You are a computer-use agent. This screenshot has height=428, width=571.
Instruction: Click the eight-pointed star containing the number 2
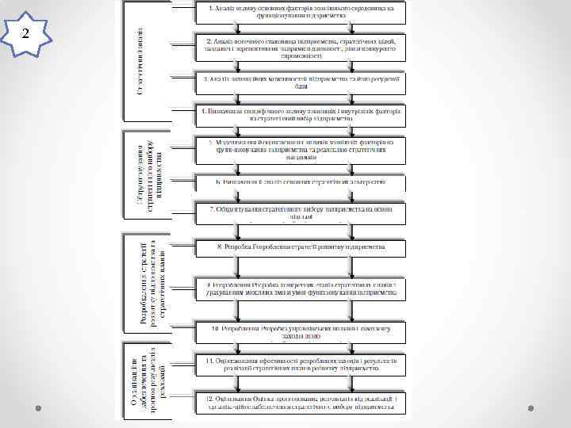(25, 33)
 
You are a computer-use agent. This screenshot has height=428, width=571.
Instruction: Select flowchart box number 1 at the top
(301, 12)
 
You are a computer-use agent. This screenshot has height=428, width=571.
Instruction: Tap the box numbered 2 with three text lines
(301, 48)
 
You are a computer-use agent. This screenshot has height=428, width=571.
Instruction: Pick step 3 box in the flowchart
(301, 82)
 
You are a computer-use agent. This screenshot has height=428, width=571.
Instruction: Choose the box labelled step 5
(301, 151)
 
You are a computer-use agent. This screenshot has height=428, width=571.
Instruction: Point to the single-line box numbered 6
(301, 182)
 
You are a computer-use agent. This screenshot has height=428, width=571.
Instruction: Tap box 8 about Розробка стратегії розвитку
(301, 247)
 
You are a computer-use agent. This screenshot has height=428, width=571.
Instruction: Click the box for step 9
(301, 288)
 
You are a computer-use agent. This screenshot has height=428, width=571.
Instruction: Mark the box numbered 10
(301, 331)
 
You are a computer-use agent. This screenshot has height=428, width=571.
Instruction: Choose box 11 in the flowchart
(301, 365)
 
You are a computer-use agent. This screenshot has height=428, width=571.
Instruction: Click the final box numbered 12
(301, 403)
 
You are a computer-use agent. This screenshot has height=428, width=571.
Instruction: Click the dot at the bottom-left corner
(37, 407)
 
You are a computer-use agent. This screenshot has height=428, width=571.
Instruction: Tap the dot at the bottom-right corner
(533, 407)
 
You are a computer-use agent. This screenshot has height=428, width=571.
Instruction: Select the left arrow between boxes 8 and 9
(236, 267)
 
